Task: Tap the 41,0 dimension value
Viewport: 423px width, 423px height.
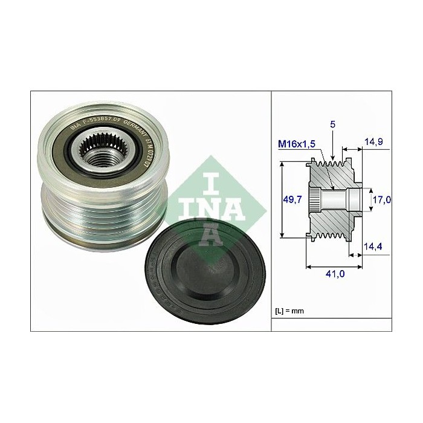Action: tap(335, 273)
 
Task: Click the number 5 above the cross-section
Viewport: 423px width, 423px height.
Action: tap(334, 124)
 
